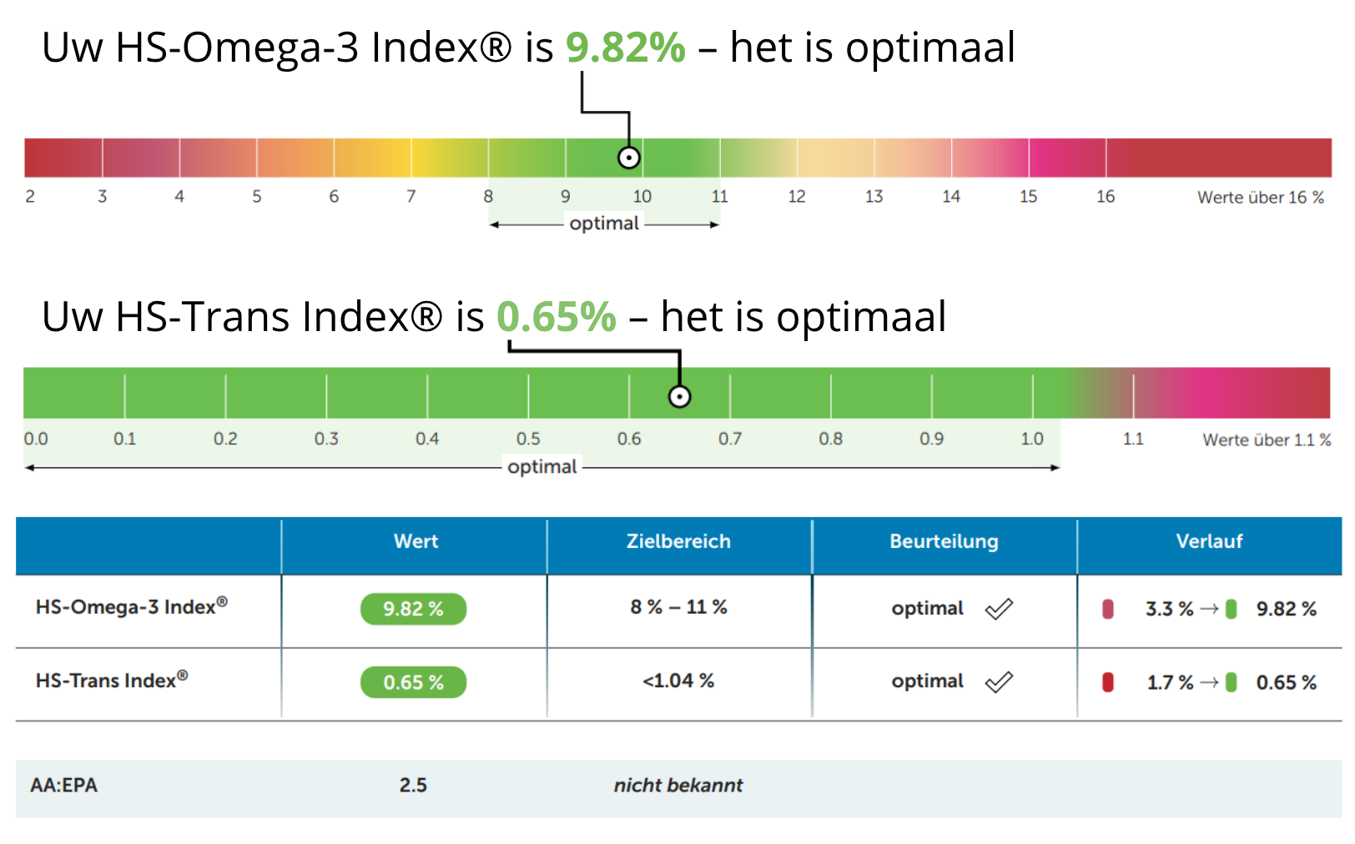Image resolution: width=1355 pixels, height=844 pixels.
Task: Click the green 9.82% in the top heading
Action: (626, 48)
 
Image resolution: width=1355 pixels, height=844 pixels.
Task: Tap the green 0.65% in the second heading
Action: (556, 316)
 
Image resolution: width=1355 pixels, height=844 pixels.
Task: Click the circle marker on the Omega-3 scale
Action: (629, 158)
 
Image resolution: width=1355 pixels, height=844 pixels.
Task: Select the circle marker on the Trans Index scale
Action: (679, 397)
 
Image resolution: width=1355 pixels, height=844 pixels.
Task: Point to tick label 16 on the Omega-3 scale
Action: (1106, 197)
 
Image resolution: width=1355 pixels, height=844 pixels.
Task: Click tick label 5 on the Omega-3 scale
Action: (257, 197)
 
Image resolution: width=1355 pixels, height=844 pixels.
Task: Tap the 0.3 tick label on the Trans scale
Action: (327, 439)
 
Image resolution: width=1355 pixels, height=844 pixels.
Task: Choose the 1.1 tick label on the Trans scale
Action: (1133, 439)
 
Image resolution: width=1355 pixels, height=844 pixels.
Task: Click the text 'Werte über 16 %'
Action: (1261, 197)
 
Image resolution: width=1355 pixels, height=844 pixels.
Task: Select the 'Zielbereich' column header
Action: (678, 541)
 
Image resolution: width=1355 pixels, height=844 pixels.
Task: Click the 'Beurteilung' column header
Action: (944, 541)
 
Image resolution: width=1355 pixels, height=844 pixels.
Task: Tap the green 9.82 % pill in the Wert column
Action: (414, 609)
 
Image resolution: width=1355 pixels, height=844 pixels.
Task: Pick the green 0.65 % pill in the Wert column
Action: (414, 682)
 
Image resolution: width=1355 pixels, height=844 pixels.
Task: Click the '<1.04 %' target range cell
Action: (678, 681)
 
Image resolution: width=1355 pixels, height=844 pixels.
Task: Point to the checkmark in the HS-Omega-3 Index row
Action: (999, 609)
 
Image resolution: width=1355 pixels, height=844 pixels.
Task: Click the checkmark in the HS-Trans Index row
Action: (999, 682)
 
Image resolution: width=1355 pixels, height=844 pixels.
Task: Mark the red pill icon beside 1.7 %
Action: (1107, 682)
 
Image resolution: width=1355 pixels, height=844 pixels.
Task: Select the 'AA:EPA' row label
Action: (63, 786)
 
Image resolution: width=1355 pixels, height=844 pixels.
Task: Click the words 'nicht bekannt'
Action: (678, 786)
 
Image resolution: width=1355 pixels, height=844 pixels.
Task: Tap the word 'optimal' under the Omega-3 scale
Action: (604, 224)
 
